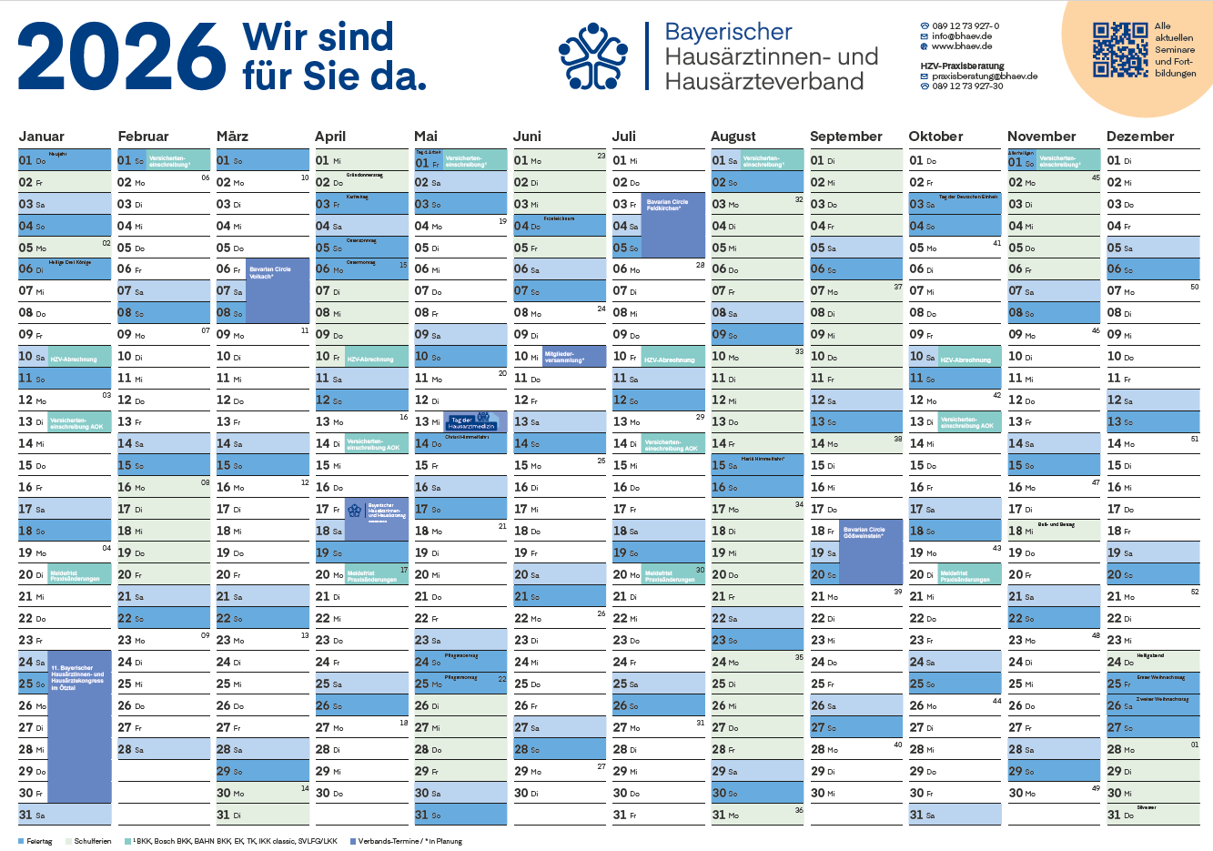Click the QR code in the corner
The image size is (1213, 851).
[x=1119, y=49]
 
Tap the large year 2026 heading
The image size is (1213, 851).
[x=122, y=56]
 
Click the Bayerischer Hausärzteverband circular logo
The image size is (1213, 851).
[x=593, y=56]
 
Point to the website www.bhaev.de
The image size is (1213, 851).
[x=961, y=46]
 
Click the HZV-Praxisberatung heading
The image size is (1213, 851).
[x=962, y=66]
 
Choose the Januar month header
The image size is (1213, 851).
[x=42, y=137]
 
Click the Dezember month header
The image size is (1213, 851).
[x=1140, y=137]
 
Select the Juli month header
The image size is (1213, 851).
[x=624, y=137]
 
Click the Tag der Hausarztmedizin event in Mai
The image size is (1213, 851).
[x=476, y=421]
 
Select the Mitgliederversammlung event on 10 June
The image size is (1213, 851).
[x=573, y=357]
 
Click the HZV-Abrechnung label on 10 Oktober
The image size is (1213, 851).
[x=965, y=360]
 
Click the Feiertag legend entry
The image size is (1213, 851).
[x=36, y=842]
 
